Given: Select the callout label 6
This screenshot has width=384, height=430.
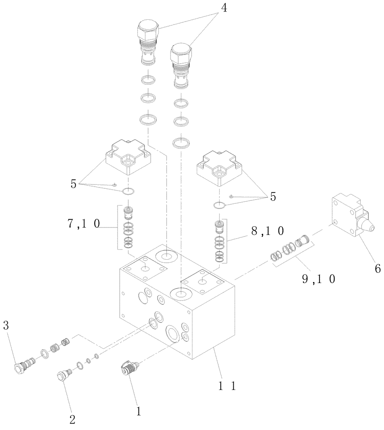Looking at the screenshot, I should click(x=377, y=269).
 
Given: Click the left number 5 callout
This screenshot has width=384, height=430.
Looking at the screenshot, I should click(x=74, y=184).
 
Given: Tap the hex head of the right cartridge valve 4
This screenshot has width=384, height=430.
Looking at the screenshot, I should click(x=181, y=54).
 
